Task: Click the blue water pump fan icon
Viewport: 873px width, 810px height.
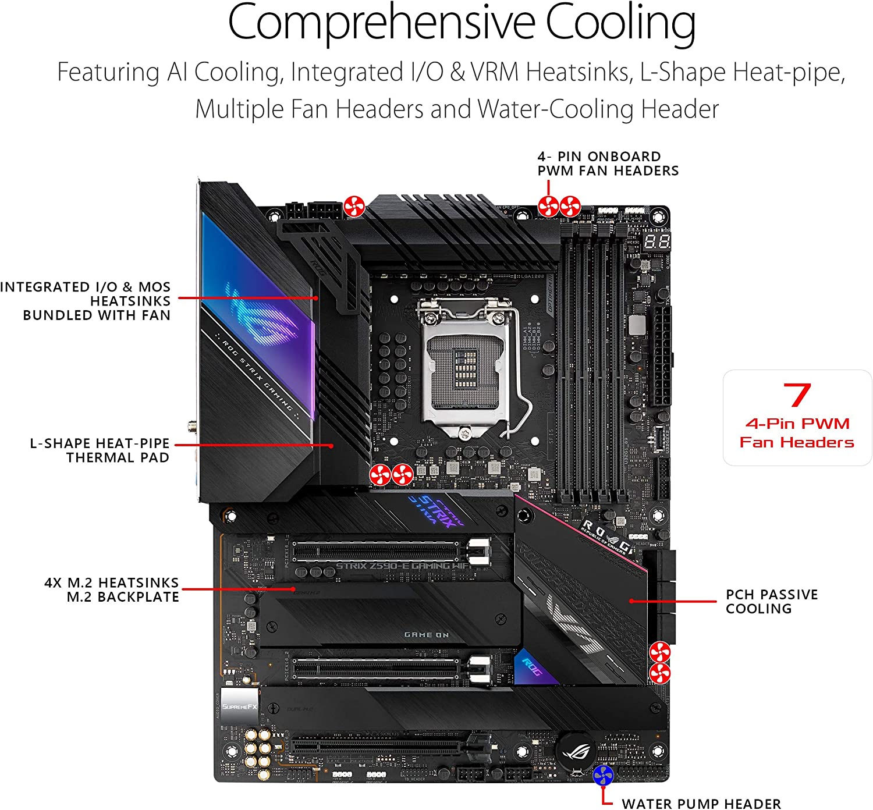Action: point(604,776)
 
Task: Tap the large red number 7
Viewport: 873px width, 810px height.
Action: point(797,396)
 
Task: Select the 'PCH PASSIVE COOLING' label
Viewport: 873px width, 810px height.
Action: point(771,602)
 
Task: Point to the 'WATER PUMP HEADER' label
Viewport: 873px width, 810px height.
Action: point(701,804)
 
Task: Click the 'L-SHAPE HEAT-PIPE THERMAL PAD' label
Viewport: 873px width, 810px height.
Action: point(100,450)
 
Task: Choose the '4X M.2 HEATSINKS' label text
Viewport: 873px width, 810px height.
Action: point(111,582)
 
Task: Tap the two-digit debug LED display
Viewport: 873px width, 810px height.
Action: point(657,240)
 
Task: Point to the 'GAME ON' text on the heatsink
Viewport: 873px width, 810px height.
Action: point(427,635)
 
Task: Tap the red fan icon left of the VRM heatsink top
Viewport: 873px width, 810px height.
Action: point(354,207)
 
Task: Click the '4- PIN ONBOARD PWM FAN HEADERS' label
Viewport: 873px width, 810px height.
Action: point(608,164)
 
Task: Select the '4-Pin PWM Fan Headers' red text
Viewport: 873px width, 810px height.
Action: point(797,433)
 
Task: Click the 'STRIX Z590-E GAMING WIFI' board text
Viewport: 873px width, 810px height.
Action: point(402,566)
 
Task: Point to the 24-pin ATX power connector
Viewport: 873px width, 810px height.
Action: point(661,357)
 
